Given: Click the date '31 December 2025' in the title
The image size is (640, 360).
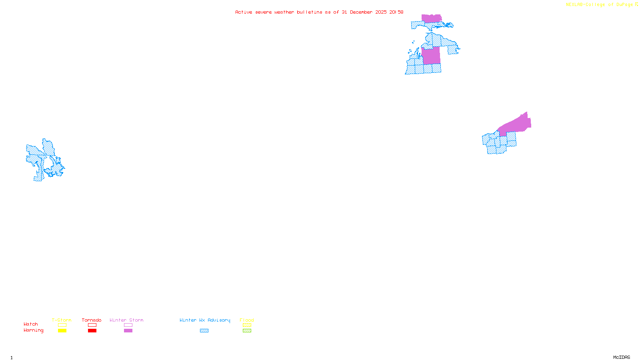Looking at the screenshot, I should point(364,12).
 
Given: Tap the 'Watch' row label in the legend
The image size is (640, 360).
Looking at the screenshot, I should point(31,324).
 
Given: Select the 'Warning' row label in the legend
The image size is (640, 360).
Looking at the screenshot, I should point(34,330).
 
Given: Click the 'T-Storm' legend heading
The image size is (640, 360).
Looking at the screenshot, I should point(62,320).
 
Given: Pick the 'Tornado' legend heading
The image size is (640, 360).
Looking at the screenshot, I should point(92,320).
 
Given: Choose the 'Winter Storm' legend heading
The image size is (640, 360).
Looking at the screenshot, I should point(126,320).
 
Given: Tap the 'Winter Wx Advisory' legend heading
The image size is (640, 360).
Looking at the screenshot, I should point(205,320).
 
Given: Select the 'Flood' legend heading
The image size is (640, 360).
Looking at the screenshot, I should point(247,320).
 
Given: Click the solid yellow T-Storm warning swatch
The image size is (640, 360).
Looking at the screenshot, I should point(62,331).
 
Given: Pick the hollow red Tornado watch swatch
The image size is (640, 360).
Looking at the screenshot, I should point(92,325).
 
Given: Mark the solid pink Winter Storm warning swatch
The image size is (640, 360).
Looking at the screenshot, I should point(128,331).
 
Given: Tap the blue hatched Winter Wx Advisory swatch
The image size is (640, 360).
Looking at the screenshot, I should point(204,331).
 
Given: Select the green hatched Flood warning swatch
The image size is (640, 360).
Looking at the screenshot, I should point(247,331).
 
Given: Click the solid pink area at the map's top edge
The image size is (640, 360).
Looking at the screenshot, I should point(431,18).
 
